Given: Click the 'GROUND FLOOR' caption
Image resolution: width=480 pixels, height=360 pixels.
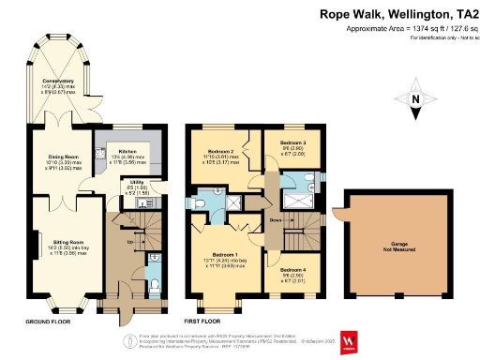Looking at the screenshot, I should pos(45,320).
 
